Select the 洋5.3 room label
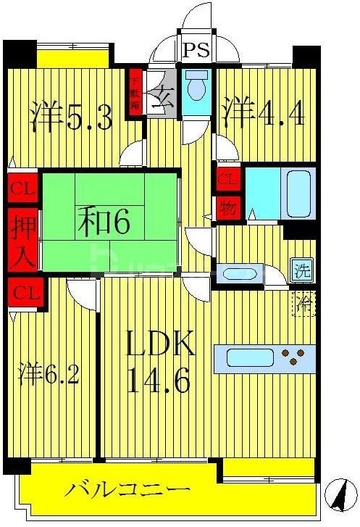pyautogui.click(x=72, y=116)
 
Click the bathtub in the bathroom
pyautogui.click(x=298, y=192)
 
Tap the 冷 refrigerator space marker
pyautogui.click(x=304, y=303)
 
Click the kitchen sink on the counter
pyautogui.click(x=250, y=357)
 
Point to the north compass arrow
pyautogui.click(x=338, y=497)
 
